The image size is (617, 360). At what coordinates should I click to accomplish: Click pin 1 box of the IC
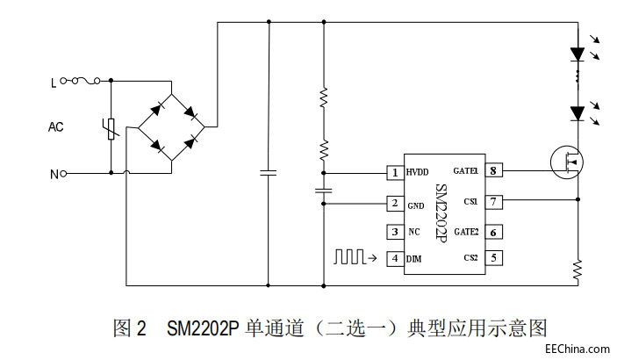point(395,173)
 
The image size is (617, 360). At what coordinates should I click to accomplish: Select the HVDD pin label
point(418,172)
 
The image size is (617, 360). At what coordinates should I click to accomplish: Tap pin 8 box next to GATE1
point(493,170)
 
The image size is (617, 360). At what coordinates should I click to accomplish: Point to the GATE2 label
point(466,232)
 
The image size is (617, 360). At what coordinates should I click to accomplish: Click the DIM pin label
point(414,259)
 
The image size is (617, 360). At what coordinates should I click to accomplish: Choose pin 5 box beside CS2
point(493,258)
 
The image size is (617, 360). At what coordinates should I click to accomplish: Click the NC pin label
point(414,232)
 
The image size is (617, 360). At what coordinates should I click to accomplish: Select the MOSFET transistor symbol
point(567,162)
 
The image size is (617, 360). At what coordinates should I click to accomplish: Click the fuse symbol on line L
point(86,81)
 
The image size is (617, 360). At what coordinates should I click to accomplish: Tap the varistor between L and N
point(111,129)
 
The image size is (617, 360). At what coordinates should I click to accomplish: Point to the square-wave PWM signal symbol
point(349,256)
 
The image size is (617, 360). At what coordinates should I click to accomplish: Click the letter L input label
point(54,83)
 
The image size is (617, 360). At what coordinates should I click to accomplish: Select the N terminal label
point(54,174)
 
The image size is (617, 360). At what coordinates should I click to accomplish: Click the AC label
point(56,127)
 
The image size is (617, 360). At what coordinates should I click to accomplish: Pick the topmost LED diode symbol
point(578,54)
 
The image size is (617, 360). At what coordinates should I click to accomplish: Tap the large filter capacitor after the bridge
point(269,172)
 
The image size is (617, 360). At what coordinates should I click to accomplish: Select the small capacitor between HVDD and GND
point(324,191)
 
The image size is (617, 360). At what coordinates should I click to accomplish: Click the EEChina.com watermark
point(578,349)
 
